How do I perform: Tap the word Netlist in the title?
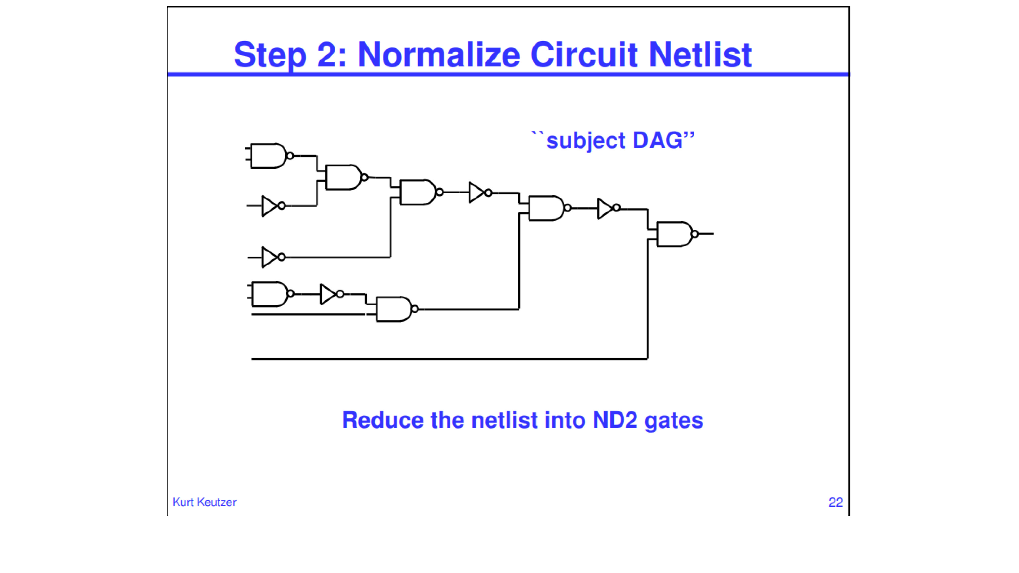tap(700, 55)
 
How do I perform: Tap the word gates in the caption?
tap(674, 421)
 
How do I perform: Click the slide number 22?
tap(836, 502)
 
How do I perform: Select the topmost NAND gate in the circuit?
tap(271, 156)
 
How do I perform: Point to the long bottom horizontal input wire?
tap(449, 359)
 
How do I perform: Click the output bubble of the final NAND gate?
tap(695, 234)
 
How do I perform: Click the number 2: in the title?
tap(332, 55)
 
